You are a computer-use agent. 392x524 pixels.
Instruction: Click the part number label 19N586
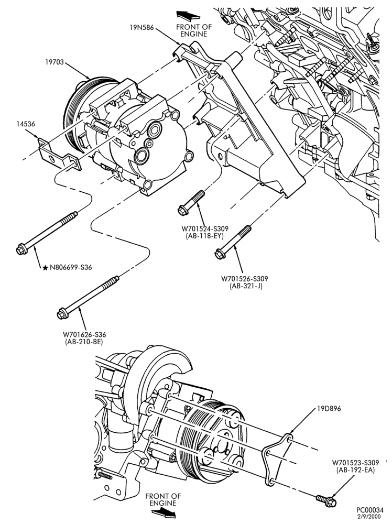[x=141, y=28]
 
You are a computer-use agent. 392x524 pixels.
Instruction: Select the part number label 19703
[x=55, y=62]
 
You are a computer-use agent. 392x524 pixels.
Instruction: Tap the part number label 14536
[x=25, y=124]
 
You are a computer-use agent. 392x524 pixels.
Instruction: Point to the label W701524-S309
[x=205, y=229]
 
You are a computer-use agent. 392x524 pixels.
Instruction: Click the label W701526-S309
[x=245, y=279]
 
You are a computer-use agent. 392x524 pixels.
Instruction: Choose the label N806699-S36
[x=71, y=267]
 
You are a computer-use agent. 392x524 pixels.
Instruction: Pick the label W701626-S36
[x=84, y=334]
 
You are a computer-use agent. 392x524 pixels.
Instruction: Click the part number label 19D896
[x=329, y=409]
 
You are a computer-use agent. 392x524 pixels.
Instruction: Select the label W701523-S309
[x=355, y=463]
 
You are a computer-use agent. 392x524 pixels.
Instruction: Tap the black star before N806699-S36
[x=46, y=268]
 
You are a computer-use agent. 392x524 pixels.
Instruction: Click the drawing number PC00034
[x=369, y=510]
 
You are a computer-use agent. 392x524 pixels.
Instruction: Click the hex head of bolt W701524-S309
[x=183, y=210]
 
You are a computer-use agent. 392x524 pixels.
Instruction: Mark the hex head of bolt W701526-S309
[x=219, y=254]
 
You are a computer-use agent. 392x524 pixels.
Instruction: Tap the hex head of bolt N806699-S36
[x=21, y=249]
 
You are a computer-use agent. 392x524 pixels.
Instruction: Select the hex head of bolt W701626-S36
[x=62, y=314]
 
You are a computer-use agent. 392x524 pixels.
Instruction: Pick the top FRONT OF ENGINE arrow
[x=188, y=15]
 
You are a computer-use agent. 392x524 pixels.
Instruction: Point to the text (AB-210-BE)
[x=84, y=342]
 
